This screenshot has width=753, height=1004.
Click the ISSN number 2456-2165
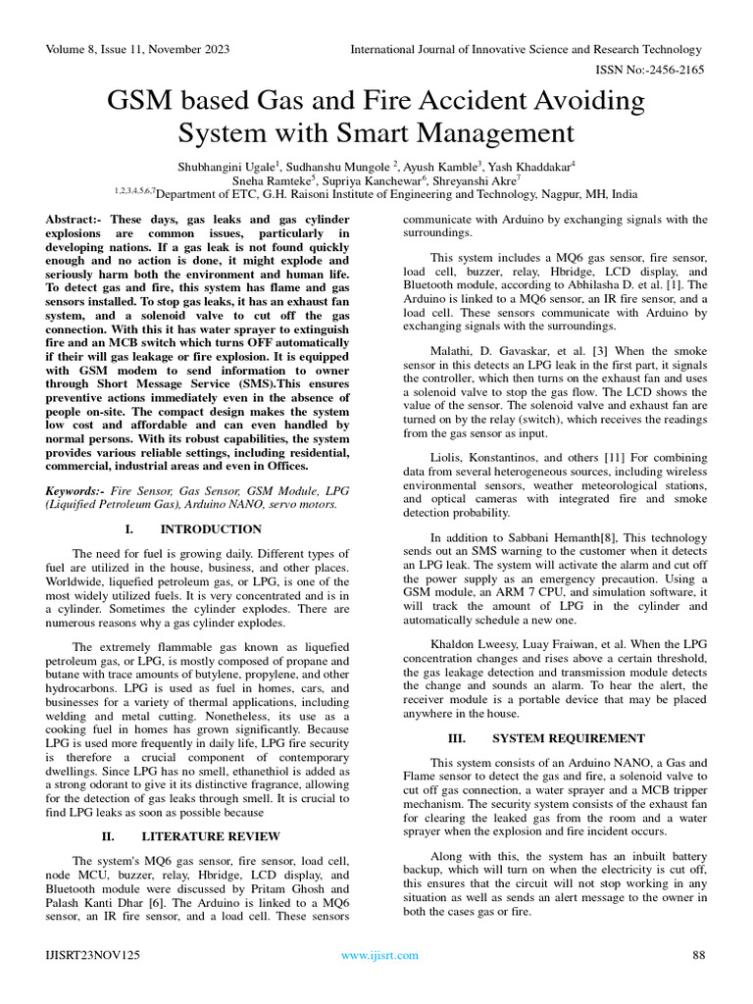[671, 70]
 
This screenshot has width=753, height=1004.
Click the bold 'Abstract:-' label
[75, 219]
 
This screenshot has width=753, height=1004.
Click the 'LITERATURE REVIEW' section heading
[211, 836]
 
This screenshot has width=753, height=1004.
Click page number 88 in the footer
[699, 955]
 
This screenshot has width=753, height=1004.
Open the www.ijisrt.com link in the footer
[379, 955]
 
